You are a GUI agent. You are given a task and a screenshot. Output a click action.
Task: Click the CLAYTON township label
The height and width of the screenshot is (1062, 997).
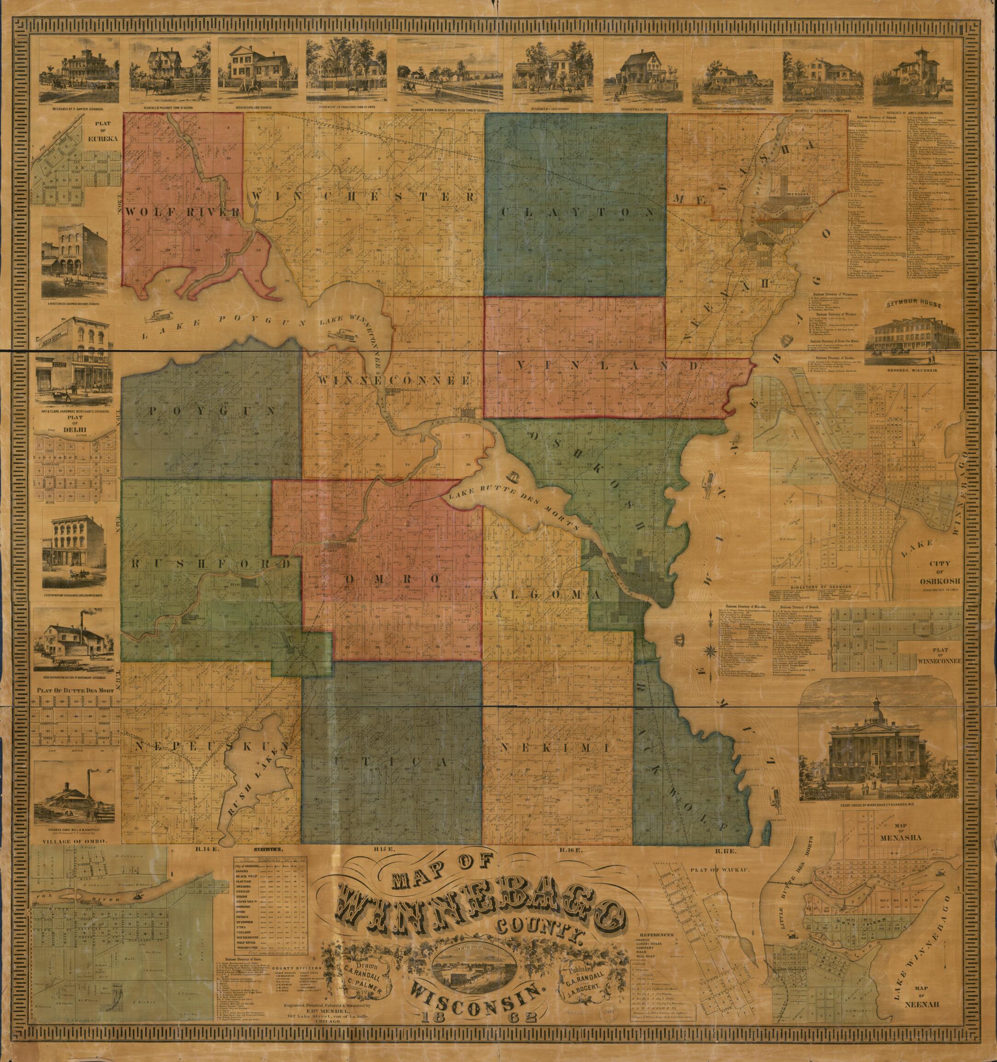click(x=577, y=212)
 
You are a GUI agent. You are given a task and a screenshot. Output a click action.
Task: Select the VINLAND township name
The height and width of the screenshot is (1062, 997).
click(x=606, y=366)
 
